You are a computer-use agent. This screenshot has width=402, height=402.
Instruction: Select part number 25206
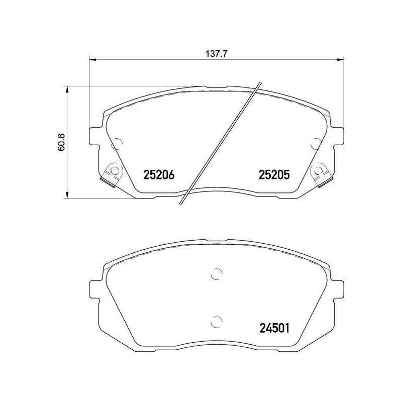[159, 175]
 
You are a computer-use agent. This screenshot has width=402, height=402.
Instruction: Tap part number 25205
[275, 175]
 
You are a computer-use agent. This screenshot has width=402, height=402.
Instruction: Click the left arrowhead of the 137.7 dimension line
[92, 61]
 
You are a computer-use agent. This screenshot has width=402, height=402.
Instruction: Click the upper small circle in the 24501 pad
[216, 274]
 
